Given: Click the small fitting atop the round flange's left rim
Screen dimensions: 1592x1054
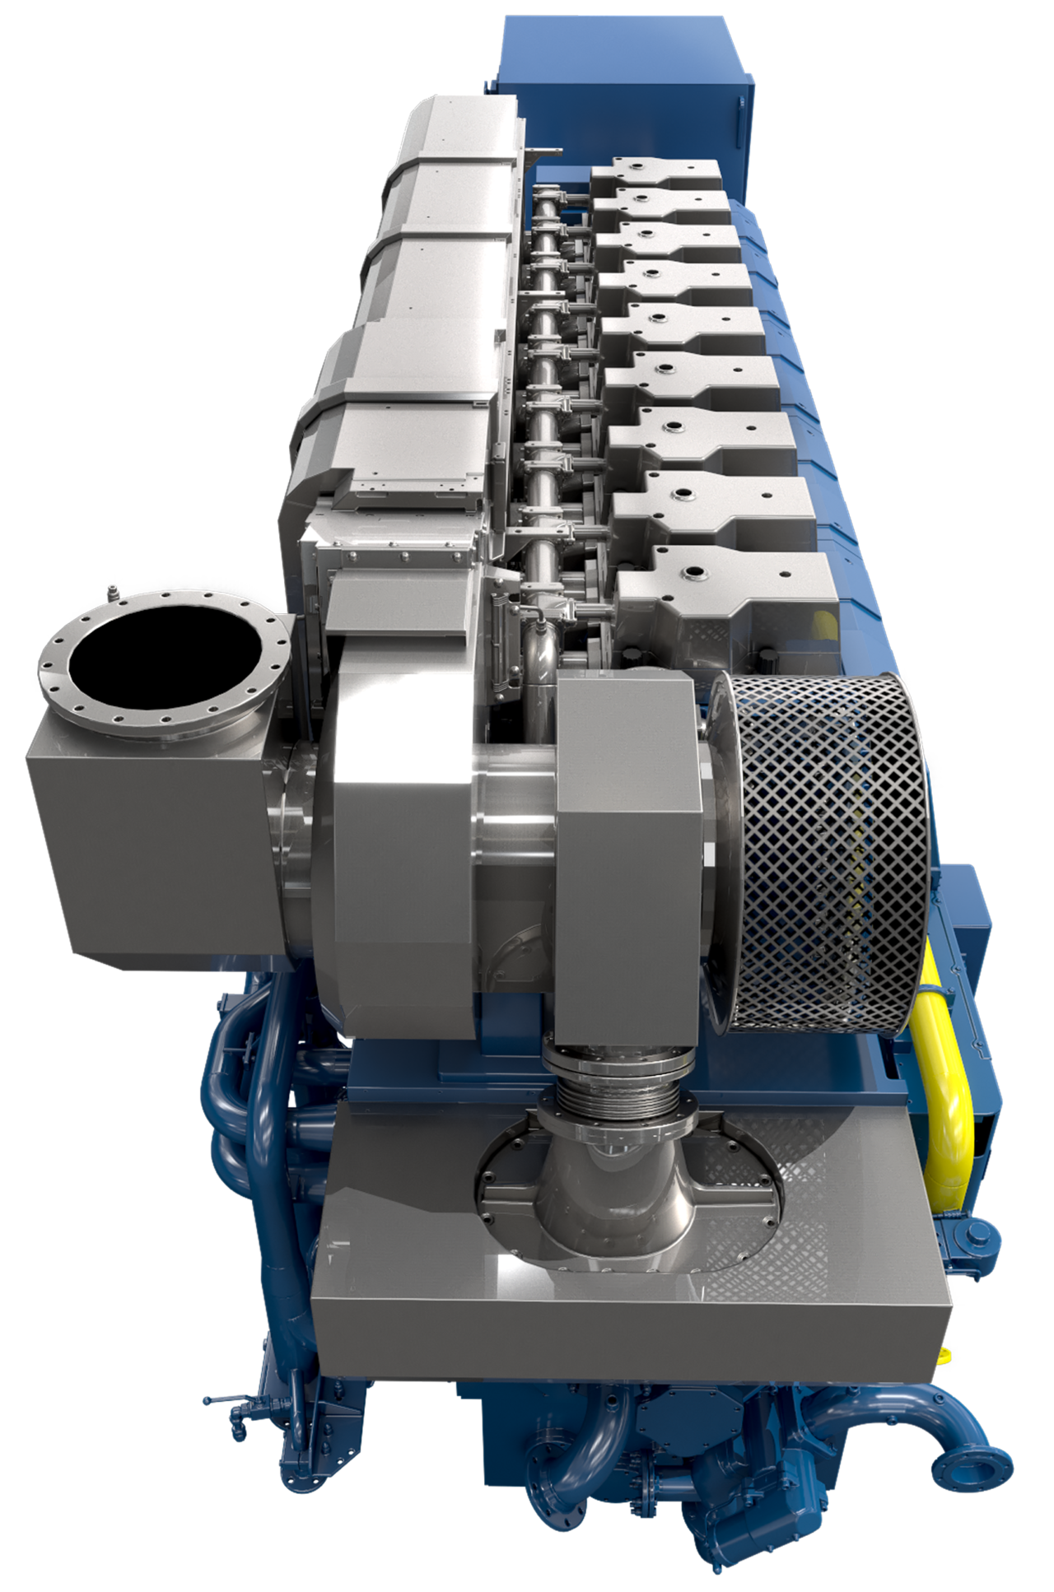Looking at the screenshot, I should pyautogui.click(x=108, y=593).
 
